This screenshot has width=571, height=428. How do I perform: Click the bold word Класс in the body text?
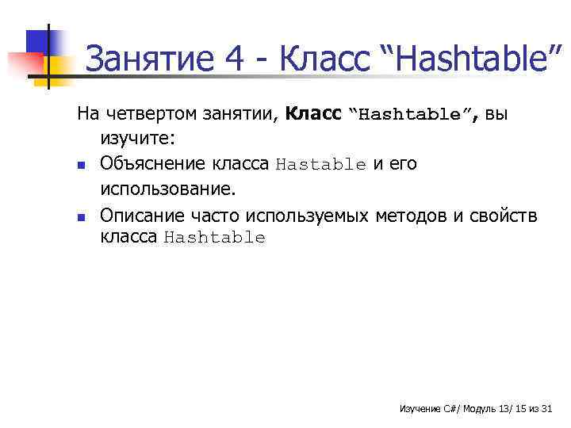pos(314,114)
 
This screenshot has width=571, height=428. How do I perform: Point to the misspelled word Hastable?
pos(320,165)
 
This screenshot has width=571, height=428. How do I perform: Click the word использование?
pos(168,189)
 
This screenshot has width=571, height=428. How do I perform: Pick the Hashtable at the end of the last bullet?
pos(214,238)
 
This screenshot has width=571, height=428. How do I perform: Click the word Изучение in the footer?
pos(420,409)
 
